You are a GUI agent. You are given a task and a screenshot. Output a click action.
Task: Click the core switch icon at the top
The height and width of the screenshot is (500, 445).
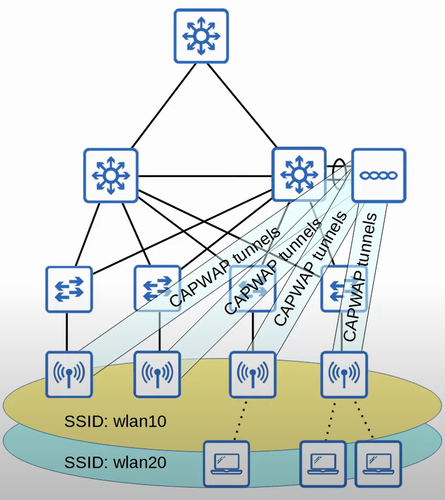201,36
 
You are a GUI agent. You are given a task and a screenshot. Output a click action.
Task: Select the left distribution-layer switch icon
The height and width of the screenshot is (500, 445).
111,175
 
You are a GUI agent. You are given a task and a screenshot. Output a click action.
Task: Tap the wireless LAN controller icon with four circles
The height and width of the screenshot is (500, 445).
379,175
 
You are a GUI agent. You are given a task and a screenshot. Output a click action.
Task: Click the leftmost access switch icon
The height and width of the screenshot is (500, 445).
69,289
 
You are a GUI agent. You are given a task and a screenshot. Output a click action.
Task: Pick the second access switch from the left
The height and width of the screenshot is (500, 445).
157,289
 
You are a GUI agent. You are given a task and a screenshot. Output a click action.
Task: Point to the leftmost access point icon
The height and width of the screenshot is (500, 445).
69,374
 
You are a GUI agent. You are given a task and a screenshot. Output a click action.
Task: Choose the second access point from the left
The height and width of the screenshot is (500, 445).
157,374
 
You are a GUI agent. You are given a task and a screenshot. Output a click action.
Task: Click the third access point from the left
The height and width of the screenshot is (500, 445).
253,374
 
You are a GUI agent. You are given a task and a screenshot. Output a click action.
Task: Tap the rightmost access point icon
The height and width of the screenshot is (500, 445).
344,374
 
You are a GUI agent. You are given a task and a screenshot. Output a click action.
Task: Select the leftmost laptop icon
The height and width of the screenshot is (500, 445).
226,464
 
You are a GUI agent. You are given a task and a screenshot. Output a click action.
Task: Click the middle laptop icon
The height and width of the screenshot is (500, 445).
323,464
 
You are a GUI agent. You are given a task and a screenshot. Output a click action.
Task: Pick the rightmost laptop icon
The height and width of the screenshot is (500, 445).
378,464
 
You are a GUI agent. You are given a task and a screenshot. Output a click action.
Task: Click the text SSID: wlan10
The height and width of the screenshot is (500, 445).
115,421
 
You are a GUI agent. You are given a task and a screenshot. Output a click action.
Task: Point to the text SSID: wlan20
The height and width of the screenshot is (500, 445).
115,462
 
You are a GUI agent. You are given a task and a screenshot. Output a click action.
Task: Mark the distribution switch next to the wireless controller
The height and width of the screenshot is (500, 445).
299,174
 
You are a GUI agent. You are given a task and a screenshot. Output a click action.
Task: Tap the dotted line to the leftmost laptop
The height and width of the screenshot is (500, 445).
240,420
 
